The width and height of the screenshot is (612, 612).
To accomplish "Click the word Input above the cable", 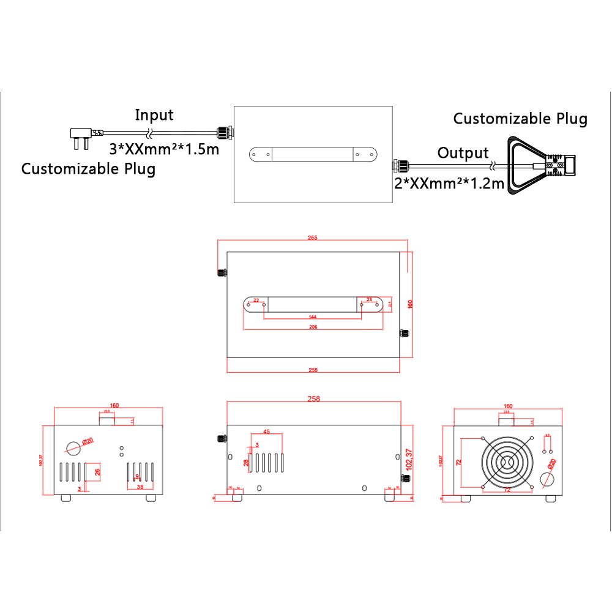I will pos(154,115).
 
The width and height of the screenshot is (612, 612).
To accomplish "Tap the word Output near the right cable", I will pos(463,153).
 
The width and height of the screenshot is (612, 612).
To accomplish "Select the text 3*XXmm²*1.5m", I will pos(163,149).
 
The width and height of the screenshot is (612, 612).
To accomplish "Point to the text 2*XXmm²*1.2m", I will pos(449,183).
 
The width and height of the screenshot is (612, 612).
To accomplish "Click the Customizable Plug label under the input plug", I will pos(88,169).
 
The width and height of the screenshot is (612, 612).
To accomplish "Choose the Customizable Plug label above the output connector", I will pos(520,119).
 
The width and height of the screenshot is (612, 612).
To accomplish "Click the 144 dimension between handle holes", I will pos(312,317).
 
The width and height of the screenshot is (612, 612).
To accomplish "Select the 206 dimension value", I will pos(312,327).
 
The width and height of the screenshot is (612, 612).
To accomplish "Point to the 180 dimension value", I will pos(410,304).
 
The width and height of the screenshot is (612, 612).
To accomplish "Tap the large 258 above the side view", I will pos(313,398).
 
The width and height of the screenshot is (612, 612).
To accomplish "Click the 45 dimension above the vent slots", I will pos(266,431).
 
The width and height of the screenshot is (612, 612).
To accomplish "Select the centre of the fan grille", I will pos(507,463).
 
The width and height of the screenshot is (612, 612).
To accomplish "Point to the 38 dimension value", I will pos(140,488).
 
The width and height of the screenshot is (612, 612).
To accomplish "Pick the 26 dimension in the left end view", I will pos(97,472).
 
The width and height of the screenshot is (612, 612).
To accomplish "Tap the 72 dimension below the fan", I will pos(507,491).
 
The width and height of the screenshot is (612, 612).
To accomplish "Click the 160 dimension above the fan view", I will pos(507,405).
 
